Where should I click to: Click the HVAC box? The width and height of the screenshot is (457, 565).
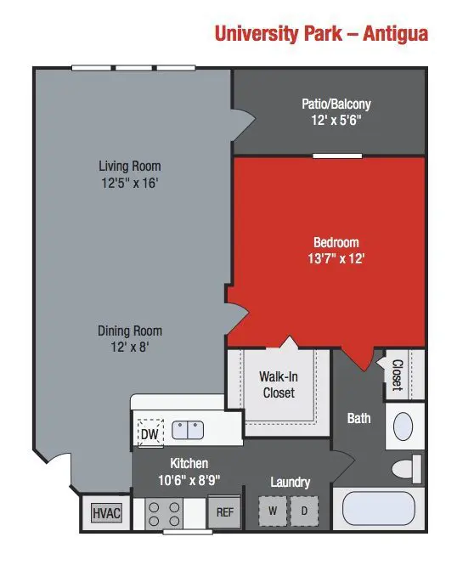click(106, 512)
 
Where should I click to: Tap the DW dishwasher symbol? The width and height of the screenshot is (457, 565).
click(150, 433)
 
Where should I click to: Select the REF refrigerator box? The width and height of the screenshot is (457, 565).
click(225, 512)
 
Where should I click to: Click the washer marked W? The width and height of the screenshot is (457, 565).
click(273, 511)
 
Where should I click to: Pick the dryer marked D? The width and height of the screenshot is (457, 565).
click(304, 511)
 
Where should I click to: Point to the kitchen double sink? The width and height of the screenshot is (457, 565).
click(188, 430)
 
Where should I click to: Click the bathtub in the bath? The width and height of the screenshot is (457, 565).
click(379, 508)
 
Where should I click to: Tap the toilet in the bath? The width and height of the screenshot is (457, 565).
click(406, 468)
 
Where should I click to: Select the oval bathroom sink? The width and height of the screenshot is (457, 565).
click(403, 427)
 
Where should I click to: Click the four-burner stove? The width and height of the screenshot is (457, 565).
click(164, 514)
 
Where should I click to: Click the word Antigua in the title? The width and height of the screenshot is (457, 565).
click(396, 33)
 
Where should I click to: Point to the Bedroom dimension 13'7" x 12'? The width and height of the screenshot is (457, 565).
click(336, 259)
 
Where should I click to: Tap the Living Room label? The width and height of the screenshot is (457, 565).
click(130, 167)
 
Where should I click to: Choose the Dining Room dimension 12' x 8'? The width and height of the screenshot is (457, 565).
click(130, 347)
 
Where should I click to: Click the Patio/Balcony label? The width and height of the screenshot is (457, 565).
click(336, 105)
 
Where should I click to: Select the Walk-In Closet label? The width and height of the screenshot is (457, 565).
click(279, 385)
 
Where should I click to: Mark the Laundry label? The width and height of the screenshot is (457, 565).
click(291, 482)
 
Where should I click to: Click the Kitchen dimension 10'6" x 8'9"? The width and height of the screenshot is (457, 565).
click(189, 480)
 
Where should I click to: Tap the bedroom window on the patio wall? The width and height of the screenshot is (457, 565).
click(337, 155)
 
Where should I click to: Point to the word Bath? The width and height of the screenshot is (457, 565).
click(358, 418)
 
